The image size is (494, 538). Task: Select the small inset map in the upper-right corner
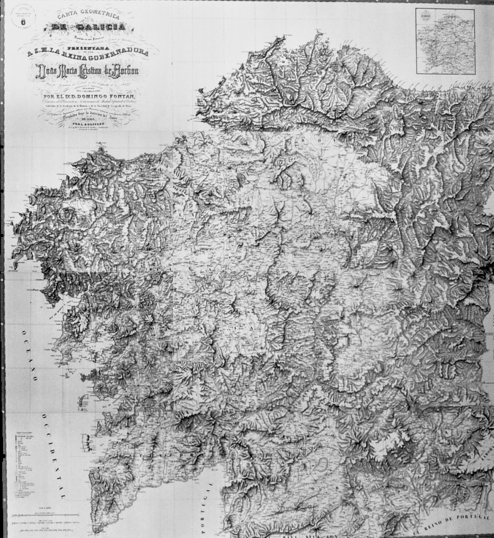coord(445,41)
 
